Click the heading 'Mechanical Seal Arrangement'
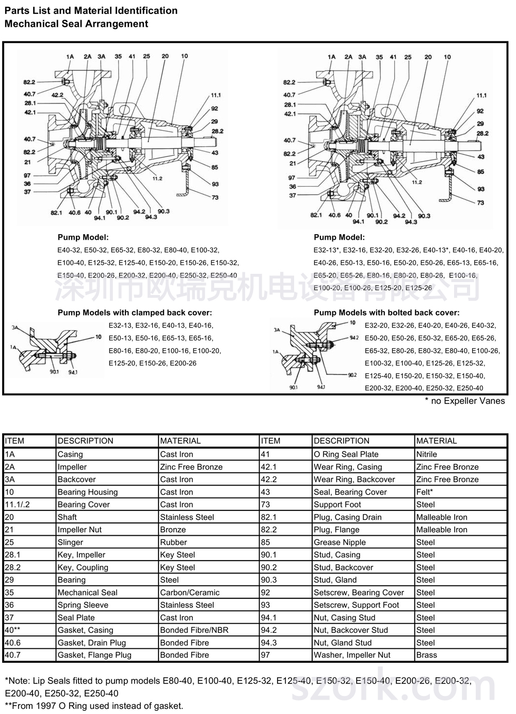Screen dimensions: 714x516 [x=76, y=24]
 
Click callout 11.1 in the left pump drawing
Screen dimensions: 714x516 [x=215, y=95]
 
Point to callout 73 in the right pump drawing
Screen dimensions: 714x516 [x=480, y=203]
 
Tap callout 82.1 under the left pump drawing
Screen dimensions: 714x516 [x=56, y=213]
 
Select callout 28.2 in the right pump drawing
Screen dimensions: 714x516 [x=482, y=133]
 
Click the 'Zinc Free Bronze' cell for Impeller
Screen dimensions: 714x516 [x=191, y=467]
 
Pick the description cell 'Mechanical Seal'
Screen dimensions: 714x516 [x=87, y=593]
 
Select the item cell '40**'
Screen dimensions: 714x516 [x=12, y=630]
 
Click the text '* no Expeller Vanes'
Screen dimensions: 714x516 [x=464, y=401]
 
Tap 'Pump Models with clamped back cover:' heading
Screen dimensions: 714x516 [x=135, y=313]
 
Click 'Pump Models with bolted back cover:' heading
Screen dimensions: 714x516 [x=386, y=313]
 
